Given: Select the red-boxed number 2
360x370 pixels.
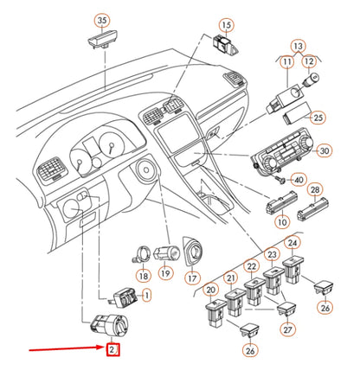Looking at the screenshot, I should (112, 350).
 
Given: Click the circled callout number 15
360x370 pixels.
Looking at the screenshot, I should (225, 25).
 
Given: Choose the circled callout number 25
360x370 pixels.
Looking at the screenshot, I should (318, 118).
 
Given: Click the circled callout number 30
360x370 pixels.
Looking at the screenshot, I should (325, 150).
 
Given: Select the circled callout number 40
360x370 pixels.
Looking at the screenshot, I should (299, 180).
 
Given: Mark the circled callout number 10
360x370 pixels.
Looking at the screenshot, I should (282, 223).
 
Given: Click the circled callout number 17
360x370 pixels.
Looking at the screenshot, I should (192, 278).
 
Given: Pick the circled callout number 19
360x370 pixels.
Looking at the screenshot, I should (164, 273).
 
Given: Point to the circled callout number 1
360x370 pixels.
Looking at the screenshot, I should (145, 297).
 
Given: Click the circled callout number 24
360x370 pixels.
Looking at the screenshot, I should (292, 243).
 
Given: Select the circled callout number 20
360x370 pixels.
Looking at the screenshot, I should (211, 291).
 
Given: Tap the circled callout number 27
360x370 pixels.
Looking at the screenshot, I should (286, 329).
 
